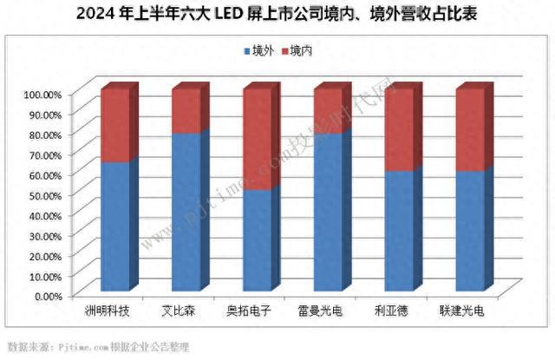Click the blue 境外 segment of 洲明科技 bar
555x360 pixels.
(115, 226)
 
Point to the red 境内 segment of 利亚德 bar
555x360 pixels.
(400, 130)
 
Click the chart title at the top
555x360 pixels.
(277, 15)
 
